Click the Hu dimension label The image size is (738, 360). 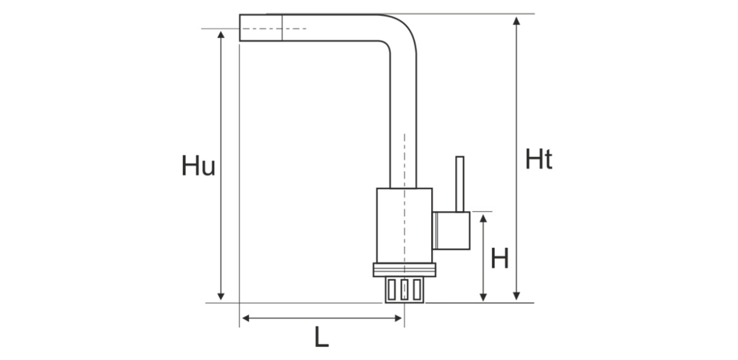coord(198,166)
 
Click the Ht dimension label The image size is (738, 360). coord(539,160)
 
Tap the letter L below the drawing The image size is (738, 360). coord(321,337)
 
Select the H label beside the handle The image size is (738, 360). coord(499,259)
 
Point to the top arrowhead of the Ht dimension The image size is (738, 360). coord(517,20)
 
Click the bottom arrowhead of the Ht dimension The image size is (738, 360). coord(517,297)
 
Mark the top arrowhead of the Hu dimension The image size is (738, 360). coord(222,34)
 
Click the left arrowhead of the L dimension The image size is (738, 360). coord(245,318)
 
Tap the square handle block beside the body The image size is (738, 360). coord(451,231)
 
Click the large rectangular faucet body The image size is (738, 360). coord(403,225)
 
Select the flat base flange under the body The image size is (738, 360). coord(404,270)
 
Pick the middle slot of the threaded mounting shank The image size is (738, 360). coord(404,289)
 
